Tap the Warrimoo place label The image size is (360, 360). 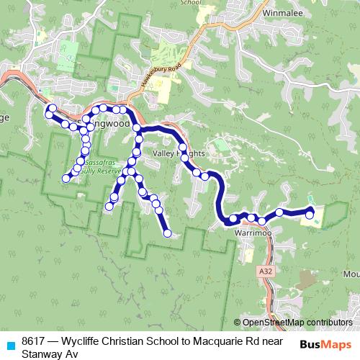point(251,234)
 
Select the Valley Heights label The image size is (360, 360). point(179,154)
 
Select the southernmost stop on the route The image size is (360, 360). point(167,233)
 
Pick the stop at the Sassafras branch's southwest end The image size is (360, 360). point(66,178)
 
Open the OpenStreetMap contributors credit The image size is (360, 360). point(297,323)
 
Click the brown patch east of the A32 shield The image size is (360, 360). point(308,279)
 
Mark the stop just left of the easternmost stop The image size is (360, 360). point(279,212)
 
